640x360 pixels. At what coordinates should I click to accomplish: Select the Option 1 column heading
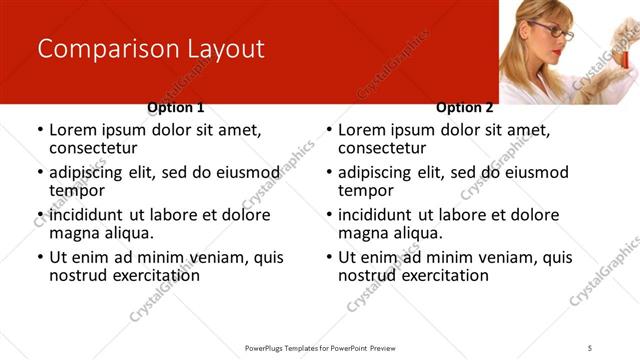176,107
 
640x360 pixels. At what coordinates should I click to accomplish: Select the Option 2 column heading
465,107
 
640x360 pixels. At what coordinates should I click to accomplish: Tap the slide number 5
590,347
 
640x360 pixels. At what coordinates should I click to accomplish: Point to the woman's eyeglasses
556,32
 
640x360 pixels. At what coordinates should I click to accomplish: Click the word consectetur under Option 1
93,148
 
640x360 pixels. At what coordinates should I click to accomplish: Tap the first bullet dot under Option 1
40,130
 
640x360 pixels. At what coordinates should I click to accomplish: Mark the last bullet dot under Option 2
329,257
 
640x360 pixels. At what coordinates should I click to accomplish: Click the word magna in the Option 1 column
74,233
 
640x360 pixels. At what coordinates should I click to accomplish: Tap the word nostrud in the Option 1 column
78,275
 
